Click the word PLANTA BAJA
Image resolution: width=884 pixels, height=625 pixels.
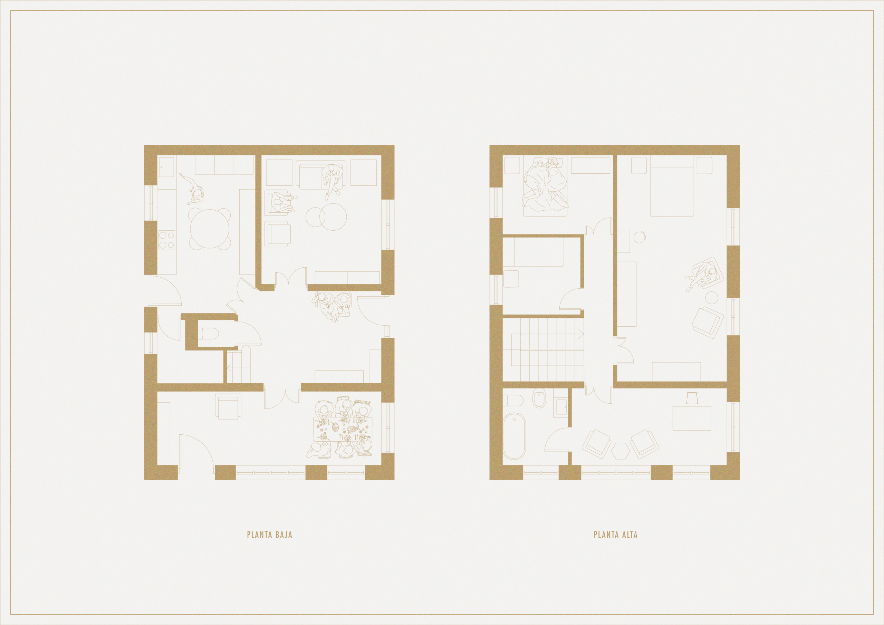click(x=269, y=535)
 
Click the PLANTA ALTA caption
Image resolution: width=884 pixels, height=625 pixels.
click(x=616, y=535)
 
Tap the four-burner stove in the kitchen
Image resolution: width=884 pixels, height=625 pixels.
click(x=166, y=240)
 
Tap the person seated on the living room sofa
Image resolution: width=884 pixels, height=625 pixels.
click(x=331, y=179)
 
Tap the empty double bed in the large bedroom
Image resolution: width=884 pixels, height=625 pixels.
click(x=672, y=188)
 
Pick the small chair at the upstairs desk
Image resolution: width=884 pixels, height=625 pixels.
click(x=692, y=397)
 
